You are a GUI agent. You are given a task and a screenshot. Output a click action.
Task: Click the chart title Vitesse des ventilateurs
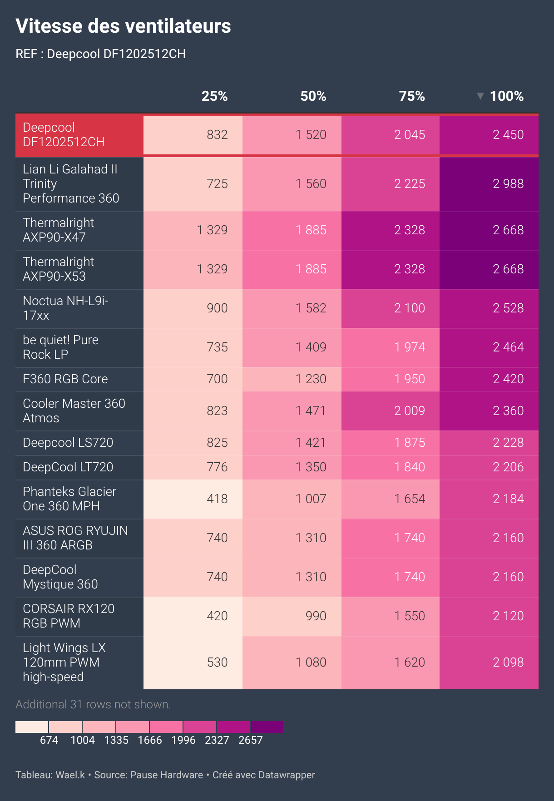click(123, 26)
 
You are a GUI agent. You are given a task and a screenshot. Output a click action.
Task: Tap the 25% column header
click(214, 96)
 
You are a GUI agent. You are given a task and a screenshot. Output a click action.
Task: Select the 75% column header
click(411, 96)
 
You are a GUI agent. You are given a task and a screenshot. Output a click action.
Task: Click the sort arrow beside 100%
click(480, 96)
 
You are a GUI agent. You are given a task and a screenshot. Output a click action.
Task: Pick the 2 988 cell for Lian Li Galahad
click(508, 184)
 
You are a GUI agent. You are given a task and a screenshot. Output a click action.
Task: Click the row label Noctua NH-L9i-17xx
click(65, 308)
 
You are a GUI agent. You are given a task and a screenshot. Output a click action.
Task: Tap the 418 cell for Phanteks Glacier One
click(217, 499)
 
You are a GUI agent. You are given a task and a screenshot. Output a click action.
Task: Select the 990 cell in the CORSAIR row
click(316, 616)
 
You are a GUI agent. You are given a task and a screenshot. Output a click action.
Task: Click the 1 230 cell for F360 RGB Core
click(311, 379)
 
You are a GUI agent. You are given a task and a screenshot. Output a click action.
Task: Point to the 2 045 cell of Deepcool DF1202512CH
click(409, 135)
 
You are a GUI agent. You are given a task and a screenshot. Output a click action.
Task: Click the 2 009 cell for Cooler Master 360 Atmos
click(409, 411)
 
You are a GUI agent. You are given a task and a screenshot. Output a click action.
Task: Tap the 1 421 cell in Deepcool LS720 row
click(311, 443)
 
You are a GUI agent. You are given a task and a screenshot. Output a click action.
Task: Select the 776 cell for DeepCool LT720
click(217, 467)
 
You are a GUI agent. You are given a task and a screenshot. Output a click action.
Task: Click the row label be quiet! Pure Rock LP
click(60, 347)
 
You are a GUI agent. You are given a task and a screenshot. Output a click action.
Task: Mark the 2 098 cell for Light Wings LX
click(508, 663)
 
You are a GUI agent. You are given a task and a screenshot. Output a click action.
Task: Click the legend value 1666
click(149, 740)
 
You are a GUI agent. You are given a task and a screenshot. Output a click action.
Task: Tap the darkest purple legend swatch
click(267, 727)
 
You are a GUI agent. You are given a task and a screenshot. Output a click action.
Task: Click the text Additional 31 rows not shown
click(93, 704)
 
